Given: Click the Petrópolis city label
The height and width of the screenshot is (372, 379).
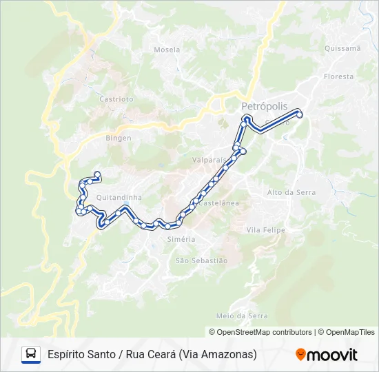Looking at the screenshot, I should click(x=265, y=106).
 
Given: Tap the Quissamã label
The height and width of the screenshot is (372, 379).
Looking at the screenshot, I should click(x=342, y=48).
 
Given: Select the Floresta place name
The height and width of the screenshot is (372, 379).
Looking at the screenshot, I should click(x=338, y=76).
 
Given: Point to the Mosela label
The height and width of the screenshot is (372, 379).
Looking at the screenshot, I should click(x=167, y=50).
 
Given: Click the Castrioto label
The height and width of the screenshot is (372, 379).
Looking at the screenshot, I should click(x=116, y=99).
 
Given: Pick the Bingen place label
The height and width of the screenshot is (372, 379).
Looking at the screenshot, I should click(x=118, y=138).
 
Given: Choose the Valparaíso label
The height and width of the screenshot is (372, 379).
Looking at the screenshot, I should click(x=209, y=159).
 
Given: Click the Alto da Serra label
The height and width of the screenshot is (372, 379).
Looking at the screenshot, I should click(x=291, y=192).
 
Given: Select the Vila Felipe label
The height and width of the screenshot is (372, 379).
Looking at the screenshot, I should click(x=265, y=229).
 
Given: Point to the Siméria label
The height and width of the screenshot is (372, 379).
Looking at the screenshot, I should click(x=181, y=239).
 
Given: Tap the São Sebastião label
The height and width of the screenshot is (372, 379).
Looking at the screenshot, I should click(x=201, y=260).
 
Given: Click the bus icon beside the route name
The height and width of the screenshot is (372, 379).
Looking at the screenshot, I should click(x=31, y=354).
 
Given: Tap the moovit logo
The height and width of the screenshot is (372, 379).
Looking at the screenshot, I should click(x=327, y=355).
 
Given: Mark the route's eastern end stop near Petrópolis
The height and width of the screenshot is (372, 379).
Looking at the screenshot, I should click(x=300, y=114).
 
